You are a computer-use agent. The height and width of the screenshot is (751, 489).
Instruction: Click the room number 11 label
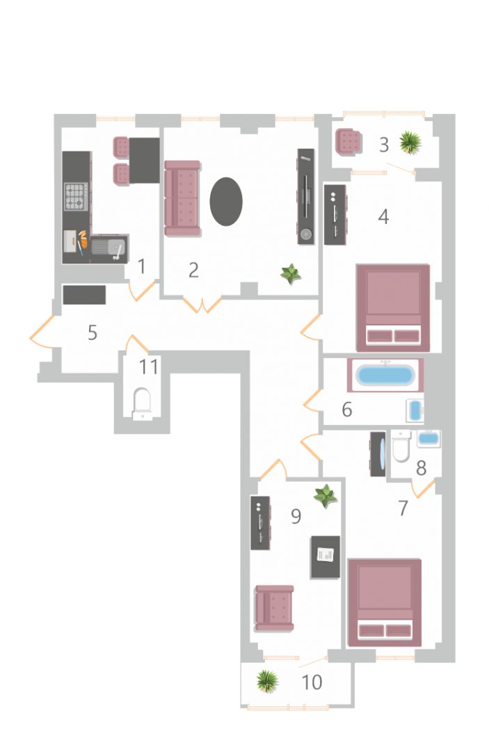pos(148,367)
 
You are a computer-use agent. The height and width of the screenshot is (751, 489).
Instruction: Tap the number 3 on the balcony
pos(384,145)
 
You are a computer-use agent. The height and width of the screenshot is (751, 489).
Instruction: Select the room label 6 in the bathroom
pos(347,410)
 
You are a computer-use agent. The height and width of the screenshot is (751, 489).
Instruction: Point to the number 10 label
pos(312,682)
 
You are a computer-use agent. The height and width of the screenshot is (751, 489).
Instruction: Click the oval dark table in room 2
pos(226,201)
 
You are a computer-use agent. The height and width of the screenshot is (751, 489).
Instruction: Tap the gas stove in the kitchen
pos(76,196)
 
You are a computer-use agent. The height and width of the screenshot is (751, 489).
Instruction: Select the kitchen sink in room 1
pos(109,248)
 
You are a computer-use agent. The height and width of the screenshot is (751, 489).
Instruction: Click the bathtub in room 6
pos(385,375)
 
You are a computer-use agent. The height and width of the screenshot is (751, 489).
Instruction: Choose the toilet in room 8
pos(401,446)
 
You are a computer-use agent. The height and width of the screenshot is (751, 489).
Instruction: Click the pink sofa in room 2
pos(182,198)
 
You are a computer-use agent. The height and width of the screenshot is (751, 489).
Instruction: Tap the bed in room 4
pos(393,307)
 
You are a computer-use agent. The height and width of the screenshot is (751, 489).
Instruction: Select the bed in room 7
pos(385,602)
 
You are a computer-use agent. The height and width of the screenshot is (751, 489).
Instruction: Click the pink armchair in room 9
pos(274,608)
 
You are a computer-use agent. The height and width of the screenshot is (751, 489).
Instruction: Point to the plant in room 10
pos(267,681)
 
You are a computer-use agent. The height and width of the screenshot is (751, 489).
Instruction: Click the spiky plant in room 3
pos(410,143)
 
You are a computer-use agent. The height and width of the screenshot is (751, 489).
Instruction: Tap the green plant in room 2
pos(291,274)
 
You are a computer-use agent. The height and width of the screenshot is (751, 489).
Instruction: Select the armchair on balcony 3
pos(349,143)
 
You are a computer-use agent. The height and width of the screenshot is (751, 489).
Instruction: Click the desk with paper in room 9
pos(326,556)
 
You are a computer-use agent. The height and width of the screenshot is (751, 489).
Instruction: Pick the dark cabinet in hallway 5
pos(84,295)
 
